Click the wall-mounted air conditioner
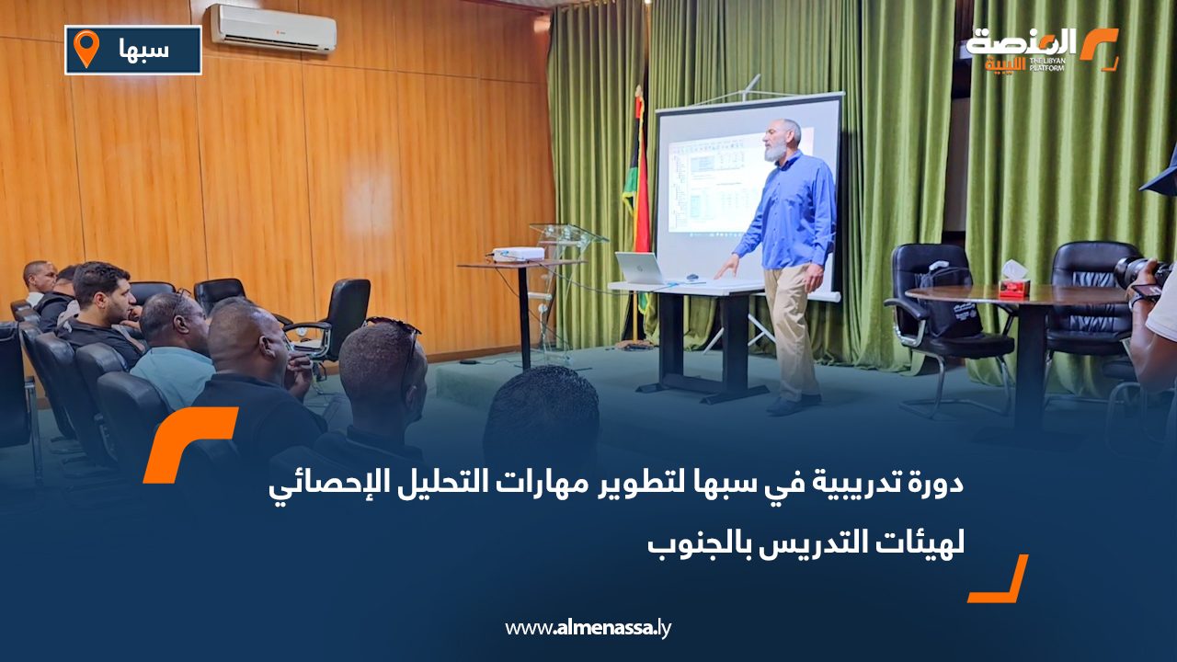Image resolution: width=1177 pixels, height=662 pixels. [273, 28]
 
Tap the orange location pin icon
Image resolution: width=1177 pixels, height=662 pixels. [86, 49]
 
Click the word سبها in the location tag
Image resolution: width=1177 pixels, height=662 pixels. [144, 50]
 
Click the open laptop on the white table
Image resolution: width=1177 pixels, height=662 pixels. [640, 268]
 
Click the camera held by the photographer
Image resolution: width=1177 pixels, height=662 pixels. [1140, 272]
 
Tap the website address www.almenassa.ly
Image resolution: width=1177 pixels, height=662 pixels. [588, 628]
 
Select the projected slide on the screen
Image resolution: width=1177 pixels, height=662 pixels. [722, 184]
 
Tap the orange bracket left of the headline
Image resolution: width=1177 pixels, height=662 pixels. [189, 443]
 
